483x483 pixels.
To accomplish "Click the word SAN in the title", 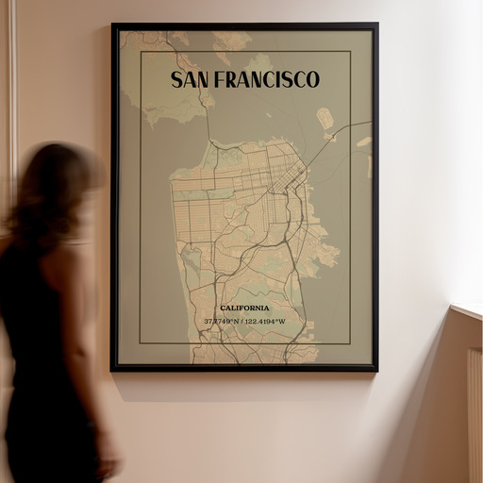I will [x=192, y=79].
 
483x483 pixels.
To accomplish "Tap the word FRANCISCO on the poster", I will [x=268, y=79].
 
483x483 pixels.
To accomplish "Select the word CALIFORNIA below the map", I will [x=244, y=308].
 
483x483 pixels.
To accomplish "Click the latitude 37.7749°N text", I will [x=223, y=322].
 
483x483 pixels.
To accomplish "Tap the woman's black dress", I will [x=47, y=377].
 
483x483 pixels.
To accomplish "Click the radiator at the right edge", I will [x=475, y=415].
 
